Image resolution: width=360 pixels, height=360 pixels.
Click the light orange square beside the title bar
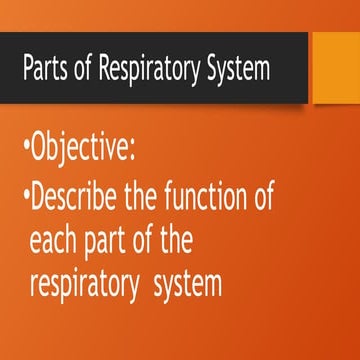[337, 59]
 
